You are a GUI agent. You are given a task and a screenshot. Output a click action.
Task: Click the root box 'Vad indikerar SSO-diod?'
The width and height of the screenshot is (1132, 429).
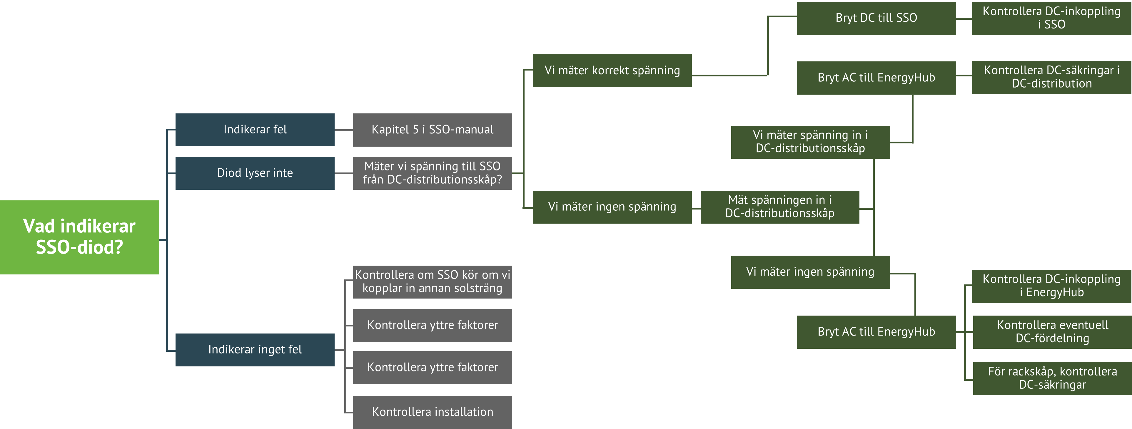click(79, 237)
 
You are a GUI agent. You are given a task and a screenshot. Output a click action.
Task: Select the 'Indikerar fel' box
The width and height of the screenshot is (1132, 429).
click(255, 130)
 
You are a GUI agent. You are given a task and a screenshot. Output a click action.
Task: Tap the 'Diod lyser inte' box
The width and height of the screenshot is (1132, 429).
click(255, 173)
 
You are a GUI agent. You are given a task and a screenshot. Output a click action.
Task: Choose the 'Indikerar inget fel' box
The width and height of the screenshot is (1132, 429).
click(255, 350)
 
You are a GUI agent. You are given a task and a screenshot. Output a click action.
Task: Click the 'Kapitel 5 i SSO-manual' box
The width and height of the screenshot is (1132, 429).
click(433, 130)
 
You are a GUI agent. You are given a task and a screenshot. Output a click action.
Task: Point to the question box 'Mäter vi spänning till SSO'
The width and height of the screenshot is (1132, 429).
click(433, 173)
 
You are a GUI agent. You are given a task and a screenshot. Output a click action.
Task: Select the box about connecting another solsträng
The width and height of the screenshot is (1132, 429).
click(433, 281)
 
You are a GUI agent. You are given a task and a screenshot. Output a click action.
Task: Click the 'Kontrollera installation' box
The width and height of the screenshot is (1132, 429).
click(433, 412)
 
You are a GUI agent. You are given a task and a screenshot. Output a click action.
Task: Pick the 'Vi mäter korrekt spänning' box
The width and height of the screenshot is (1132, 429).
click(612, 71)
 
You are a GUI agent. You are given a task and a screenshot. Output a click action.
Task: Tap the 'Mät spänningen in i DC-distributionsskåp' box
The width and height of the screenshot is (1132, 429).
click(779, 207)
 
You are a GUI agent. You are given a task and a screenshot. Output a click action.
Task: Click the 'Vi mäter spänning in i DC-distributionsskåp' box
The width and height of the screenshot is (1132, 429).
click(810, 142)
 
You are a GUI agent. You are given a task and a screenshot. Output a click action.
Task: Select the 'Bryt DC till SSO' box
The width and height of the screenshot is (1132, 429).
click(876, 18)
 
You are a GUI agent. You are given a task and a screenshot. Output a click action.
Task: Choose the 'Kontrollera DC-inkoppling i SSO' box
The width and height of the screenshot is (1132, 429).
click(1051, 18)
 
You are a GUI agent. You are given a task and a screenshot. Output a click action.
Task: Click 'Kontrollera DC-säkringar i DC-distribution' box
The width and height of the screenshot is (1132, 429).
click(1051, 77)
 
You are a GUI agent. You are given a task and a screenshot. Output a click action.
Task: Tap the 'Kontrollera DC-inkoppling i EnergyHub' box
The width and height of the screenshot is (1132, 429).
click(1051, 286)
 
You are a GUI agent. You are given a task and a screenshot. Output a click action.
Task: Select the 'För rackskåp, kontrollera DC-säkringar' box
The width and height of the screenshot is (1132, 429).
click(1052, 378)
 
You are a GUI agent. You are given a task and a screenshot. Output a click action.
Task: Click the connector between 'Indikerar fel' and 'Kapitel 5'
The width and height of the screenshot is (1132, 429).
click(344, 130)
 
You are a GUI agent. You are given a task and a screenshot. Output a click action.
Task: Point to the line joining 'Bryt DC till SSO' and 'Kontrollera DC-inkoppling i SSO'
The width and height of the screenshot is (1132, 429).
click(964, 19)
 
